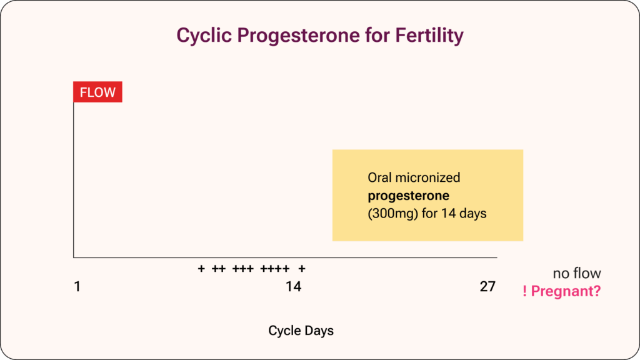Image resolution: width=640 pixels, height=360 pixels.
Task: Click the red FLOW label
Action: click(97, 92)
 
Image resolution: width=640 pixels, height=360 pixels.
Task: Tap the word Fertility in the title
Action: click(429, 36)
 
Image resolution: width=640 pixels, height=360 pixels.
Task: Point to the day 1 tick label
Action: click(77, 286)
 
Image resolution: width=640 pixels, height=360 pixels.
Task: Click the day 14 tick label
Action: click(294, 286)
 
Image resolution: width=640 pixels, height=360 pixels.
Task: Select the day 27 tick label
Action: click(487, 286)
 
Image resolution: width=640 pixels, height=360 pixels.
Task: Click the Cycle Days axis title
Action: click(301, 331)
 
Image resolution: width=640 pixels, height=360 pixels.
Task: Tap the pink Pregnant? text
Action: click(566, 291)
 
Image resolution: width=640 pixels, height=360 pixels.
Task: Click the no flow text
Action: click(577, 274)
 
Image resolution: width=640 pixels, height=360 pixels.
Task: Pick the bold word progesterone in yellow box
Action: click(409, 196)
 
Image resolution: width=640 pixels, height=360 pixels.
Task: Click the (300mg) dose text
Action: click(392, 214)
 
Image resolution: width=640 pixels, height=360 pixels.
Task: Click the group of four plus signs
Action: click(275, 269)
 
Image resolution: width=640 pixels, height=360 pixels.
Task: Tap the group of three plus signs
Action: click(243, 269)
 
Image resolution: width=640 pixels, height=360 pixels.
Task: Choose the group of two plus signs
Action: click(219, 269)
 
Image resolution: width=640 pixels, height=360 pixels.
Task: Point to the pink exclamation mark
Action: click(524, 291)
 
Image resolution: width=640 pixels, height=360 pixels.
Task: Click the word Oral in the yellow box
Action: click(379, 177)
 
